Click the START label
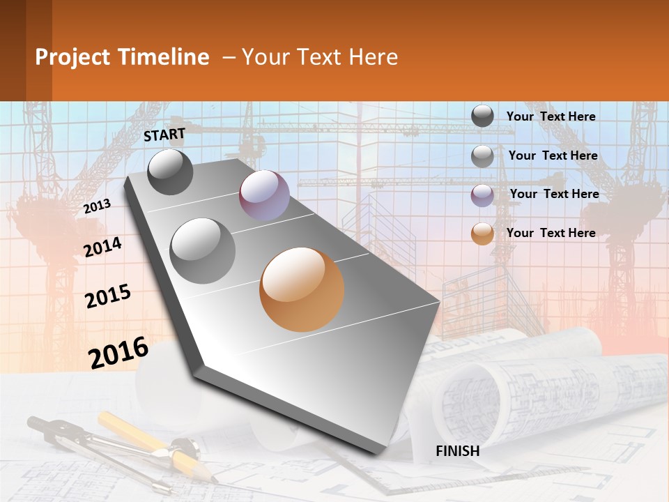pos(164,135)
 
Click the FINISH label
pos(457,451)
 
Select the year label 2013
pos(97,206)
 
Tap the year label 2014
pos(102,248)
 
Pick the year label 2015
pos(108,296)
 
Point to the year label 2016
pos(118,353)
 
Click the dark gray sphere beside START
pos(171,172)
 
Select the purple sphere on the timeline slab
pos(264,195)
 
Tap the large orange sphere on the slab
pos(302,289)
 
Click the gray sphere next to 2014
pos(203,250)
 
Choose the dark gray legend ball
pos(482,116)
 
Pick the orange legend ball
pos(482,234)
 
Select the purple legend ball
pos(482,195)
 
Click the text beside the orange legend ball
pos(551,233)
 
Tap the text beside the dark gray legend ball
pos(551,116)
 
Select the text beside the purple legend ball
pos(554,194)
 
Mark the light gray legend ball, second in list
pos(482,156)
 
